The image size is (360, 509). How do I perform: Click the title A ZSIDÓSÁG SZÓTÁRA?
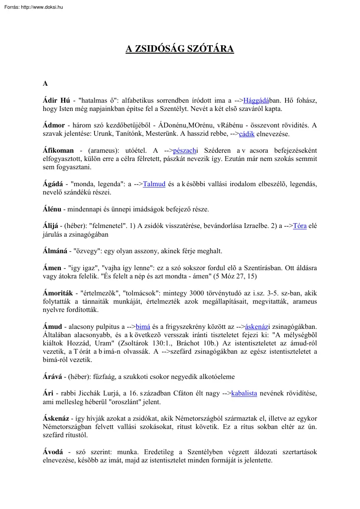pyautogui.click(x=180, y=49)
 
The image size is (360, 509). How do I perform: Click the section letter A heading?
pyautogui.click(x=45, y=84)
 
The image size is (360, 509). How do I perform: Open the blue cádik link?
pyautogui.click(x=246, y=134)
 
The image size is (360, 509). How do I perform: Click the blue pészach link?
pyautogui.click(x=185, y=151)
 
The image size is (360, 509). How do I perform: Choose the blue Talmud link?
pyautogui.click(x=154, y=184)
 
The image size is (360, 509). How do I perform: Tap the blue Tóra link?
pyautogui.click(x=300, y=226)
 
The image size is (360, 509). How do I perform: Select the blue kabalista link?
pyautogui.click(x=244, y=394)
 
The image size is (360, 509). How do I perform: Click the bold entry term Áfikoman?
pyautogui.click(x=58, y=151)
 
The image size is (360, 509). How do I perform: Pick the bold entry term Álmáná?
pyautogui.click(x=55, y=251)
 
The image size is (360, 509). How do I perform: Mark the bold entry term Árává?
pyautogui.click(x=53, y=377)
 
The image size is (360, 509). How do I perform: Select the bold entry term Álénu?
pyautogui.click(x=52, y=209)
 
